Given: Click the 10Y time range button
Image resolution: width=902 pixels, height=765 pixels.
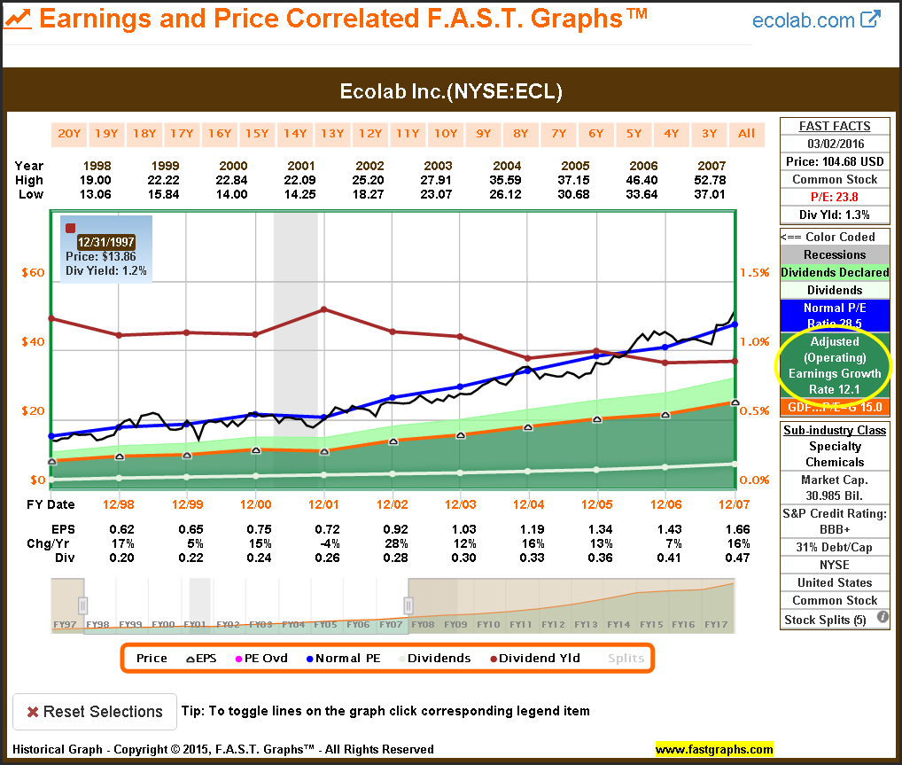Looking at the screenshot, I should [x=445, y=134].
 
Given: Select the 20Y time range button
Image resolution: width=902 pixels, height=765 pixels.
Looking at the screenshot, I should [x=69, y=134].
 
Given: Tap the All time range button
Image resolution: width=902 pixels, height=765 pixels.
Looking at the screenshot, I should [x=747, y=134].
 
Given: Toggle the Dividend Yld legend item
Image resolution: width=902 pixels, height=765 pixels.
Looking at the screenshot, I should [x=533, y=658].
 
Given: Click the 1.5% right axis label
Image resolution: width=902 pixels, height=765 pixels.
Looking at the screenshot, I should [x=754, y=272].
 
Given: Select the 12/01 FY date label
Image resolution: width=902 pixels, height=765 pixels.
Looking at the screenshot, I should [x=324, y=504].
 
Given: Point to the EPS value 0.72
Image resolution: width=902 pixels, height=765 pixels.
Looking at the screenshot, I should [x=324, y=529].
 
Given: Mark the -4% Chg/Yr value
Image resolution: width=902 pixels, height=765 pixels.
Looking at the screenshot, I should [x=324, y=543].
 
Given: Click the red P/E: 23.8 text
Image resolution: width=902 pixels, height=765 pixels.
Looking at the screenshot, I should [x=834, y=197].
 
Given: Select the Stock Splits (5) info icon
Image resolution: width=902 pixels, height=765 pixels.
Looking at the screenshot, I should [x=883, y=618].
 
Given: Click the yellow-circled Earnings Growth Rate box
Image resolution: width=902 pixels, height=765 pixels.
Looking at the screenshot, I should [x=834, y=364].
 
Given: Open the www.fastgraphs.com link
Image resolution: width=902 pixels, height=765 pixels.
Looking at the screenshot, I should [x=714, y=749].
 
